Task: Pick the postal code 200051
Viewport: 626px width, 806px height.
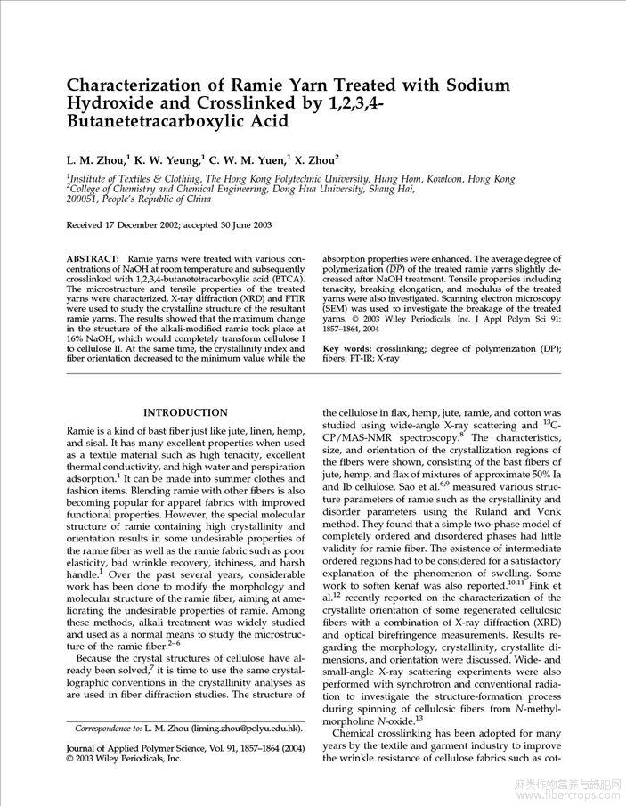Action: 86,199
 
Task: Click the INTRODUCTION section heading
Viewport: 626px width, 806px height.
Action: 185,412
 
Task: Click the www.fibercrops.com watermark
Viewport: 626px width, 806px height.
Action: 579,795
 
